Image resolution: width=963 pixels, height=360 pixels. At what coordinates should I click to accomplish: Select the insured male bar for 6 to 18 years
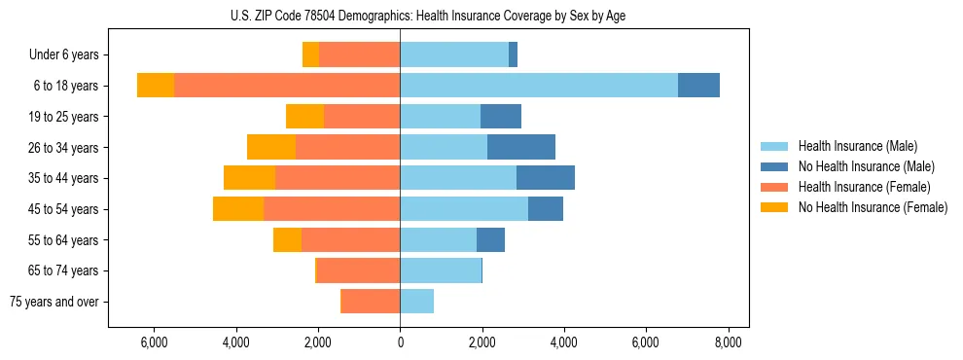click(x=539, y=86)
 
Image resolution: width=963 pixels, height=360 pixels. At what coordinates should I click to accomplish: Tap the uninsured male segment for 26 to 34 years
click(x=521, y=147)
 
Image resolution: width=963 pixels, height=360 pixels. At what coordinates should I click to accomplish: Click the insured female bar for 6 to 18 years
click(x=287, y=86)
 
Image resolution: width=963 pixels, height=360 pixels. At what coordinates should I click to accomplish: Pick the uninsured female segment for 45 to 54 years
click(x=238, y=209)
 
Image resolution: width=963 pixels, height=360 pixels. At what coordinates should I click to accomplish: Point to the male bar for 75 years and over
click(x=416, y=302)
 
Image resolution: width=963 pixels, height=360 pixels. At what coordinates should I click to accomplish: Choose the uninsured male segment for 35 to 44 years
click(x=546, y=178)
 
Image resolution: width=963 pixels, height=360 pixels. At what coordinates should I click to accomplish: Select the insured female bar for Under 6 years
click(x=359, y=54)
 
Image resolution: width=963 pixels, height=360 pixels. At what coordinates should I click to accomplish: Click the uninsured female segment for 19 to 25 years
click(x=304, y=117)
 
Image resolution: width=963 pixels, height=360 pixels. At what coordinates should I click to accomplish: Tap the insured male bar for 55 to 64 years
click(x=438, y=239)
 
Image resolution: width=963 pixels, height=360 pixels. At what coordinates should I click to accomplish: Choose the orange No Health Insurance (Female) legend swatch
click(x=774, y=207)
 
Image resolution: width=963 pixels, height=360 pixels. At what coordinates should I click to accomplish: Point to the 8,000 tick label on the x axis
click(x=729, y=342)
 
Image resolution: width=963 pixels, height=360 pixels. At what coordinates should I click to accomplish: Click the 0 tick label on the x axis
click(x=400, y=342)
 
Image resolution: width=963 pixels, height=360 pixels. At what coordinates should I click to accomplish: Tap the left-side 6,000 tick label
click(x=154, y=342)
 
